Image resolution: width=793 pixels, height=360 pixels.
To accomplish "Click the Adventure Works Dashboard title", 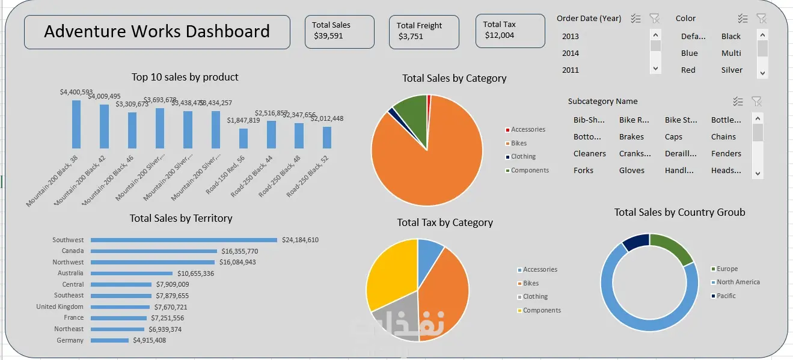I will pyautogui.click(x=157, y=31).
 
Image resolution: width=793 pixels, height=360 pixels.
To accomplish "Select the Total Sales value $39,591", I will pyautogui.click(x=328, y=36).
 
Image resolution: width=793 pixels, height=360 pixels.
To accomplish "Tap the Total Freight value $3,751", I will pyautogui.click(x=411, y=37).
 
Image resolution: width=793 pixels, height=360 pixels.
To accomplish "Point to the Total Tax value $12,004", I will pyautogui.click(x=500, y=35).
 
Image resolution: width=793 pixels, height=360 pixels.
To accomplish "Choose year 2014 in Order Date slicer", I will pyautogui.click(x=571, y=53).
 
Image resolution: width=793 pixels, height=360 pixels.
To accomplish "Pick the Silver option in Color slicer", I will pyautogui.click(x=732, y=70).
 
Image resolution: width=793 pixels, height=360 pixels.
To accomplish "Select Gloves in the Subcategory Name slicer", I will pyautogui.click(x=631, y=171).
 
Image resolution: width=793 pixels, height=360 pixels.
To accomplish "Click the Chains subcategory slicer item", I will pyautogui.click(x=723, y=137).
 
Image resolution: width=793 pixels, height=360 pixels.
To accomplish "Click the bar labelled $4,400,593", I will pyautogui.click(x=76, y=124).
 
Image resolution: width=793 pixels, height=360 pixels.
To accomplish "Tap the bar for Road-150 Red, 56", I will pyautogui.click(x=243, y=139).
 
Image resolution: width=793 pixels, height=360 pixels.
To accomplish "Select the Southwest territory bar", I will pyautogui.click(x=184, y=240).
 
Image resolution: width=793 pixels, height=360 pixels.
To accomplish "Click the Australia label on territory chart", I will pyautogui.click(x=70, y=273).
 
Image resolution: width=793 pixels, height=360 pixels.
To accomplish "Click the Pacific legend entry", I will pyautogui.click(x=726, y=296).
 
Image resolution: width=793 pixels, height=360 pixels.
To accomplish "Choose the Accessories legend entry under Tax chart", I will pyautogui.click(x=539, y=270).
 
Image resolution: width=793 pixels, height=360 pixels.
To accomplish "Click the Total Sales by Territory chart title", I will pyautogui.click(x=181, y=219).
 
